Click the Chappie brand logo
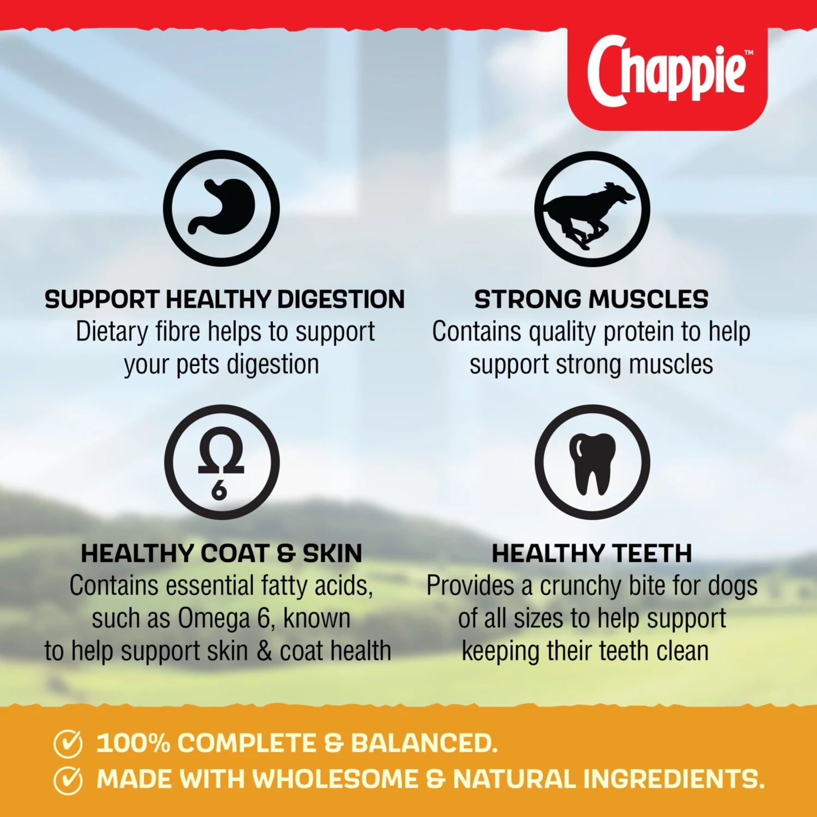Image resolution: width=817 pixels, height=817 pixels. coord(667,71)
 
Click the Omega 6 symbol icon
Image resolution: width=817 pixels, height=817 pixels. coord(222,462)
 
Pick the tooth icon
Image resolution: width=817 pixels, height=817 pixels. coord(592,462)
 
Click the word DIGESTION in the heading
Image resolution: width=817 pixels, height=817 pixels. coord(341,300)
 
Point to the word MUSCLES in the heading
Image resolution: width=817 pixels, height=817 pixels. coord(648,300)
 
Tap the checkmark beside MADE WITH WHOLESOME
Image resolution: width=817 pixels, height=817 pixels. coord(68,780)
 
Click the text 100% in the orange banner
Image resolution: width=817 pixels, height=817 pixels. coord(133,743)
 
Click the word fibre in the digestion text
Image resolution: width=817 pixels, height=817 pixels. coord(178,331)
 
